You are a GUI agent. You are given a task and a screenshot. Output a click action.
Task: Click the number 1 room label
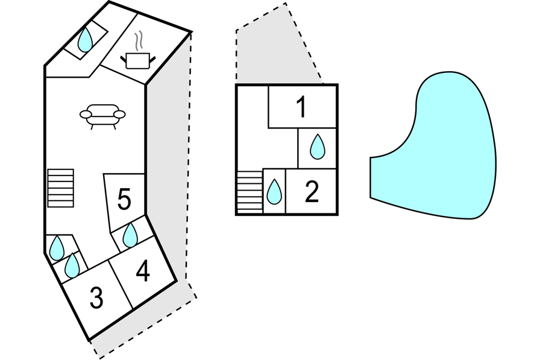coord(302,107)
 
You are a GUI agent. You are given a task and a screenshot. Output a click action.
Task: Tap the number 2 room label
coord(312,192)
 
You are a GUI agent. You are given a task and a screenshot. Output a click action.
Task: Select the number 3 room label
coord(96,298)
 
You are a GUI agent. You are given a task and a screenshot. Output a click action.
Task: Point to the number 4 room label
coord(143,271)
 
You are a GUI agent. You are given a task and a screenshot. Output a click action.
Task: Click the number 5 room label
coord(124,200)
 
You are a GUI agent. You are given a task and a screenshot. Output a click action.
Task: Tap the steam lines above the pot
coord(140,41)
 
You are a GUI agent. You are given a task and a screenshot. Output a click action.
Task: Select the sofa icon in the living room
coord(102,115)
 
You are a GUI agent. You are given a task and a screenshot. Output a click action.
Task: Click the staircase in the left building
coord(60,188)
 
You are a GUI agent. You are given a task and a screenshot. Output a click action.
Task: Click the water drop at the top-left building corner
coord(86,40)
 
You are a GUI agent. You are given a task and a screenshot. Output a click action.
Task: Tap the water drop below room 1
coord(317,147)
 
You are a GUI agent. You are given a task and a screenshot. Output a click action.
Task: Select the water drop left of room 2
coord(274,192)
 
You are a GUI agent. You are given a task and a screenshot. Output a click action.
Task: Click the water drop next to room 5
coord(130,236)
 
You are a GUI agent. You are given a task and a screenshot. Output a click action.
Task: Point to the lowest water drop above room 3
coord(72,265)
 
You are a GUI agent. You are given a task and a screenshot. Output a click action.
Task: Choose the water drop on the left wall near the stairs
coord(57,248)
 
